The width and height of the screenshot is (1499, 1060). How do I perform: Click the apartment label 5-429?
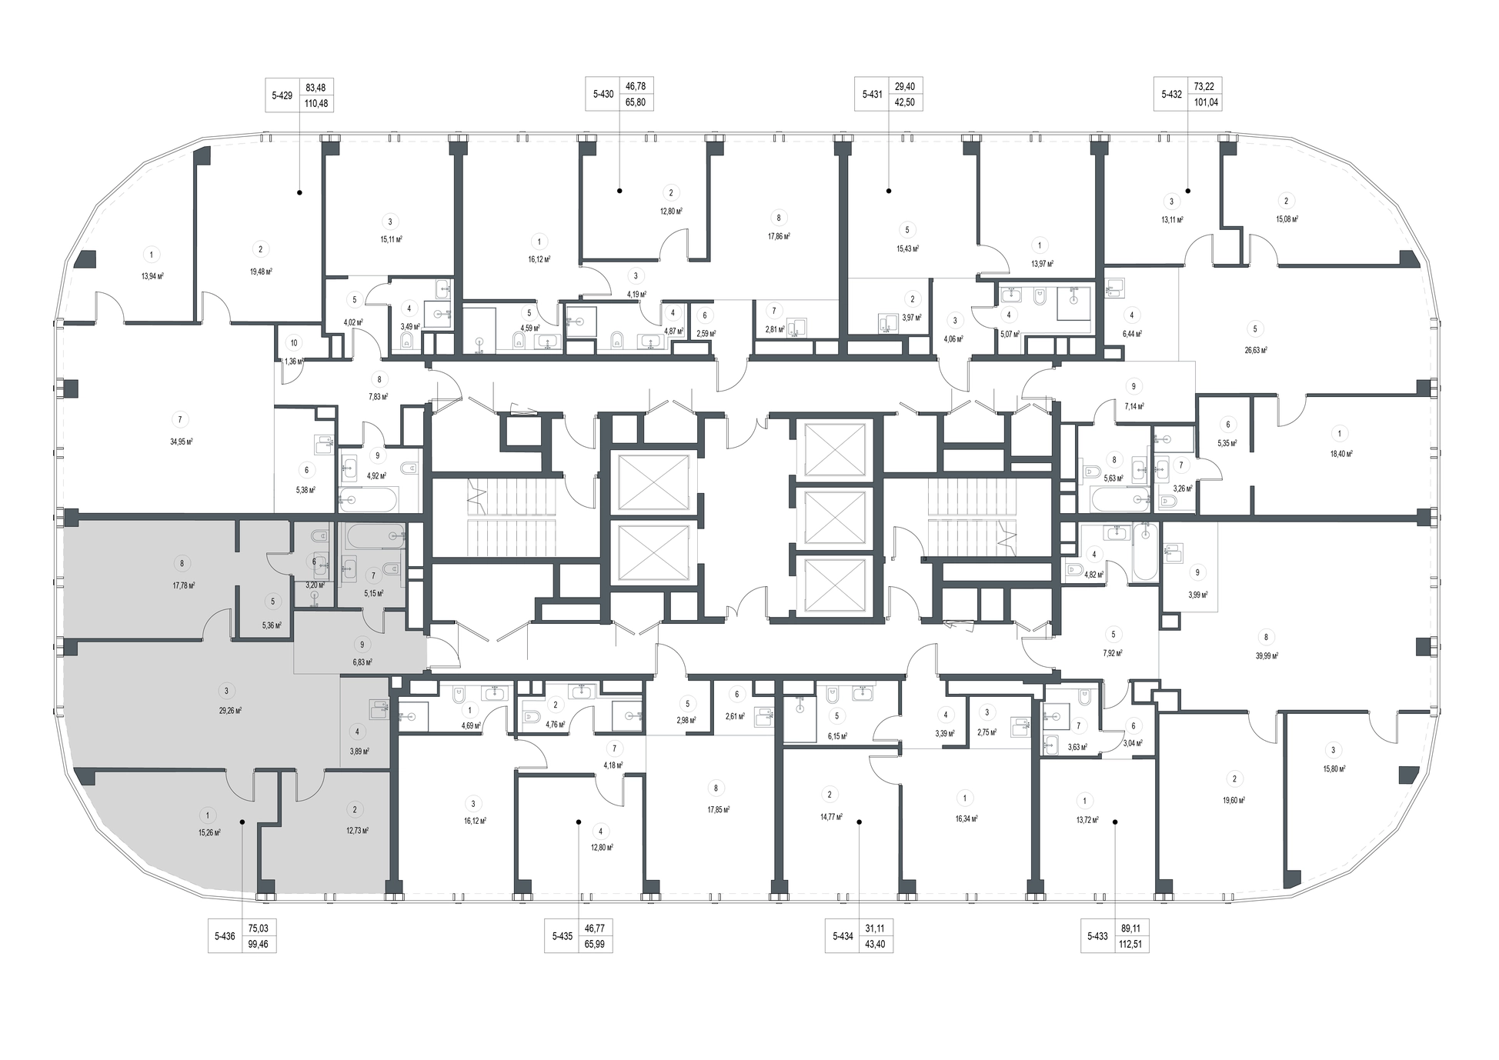[282, 95]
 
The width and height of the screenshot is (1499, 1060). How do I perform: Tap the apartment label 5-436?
[225, 936]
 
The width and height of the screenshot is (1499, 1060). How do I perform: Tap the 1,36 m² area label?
[294, 361]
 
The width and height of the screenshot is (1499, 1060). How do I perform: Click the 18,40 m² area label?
[1341, 454]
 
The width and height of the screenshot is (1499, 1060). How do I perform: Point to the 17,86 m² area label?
[780, 237]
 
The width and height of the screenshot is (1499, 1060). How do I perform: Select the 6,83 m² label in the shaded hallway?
[362, 662]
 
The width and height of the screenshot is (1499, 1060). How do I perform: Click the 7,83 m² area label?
[378, 397]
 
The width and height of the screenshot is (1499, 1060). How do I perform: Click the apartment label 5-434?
[843, 936]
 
